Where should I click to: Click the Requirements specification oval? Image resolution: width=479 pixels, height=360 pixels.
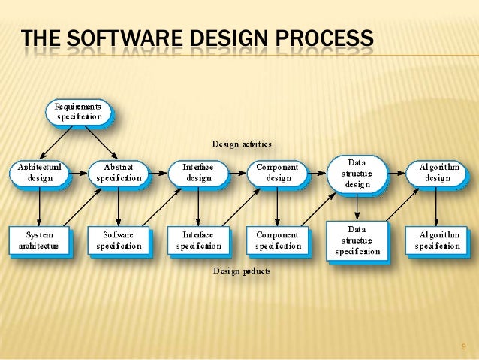(x=78, y=112)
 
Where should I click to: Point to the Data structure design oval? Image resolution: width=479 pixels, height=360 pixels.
(x=357, y=174)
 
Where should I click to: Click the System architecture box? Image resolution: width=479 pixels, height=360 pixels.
(x=40, y=240)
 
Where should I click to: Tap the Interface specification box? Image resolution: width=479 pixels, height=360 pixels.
(x=198, y=240)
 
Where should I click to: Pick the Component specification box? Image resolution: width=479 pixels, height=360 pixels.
(x=277, y=240)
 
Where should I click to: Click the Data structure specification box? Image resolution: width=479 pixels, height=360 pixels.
(x=357, y=240)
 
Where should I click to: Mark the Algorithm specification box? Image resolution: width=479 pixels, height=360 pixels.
(x=435, y=240)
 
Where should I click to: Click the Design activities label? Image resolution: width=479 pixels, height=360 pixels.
(x=242, y=142)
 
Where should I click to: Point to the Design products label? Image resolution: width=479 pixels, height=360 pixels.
(x=242, y=271)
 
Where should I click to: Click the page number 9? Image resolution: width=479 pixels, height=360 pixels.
(x=463, y=346)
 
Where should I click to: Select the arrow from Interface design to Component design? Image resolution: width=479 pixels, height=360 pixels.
(x=237, y=172)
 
